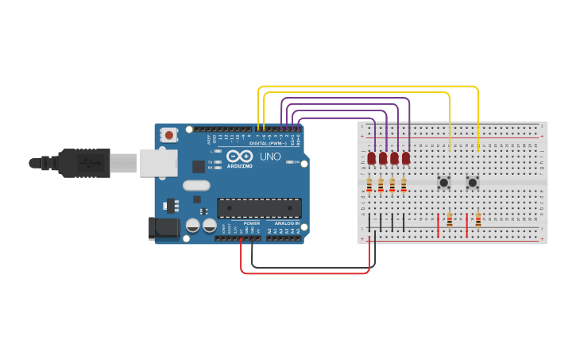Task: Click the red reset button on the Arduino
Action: pyautogui.click(x=168, y=135)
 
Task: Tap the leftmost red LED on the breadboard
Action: pyautogui.click(x=371, y=157)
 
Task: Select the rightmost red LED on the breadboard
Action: pyautogui.click(x=406, y=157)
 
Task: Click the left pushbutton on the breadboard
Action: pyautogui.click(x=444, y=183)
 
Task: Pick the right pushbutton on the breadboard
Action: pyautogui.click(x=472, y=183)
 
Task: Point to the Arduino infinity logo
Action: pyautogui.click(x=239, y=156)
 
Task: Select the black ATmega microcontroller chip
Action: pyautogui.click(x=259, y=208)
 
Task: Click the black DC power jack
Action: pyautogui.click(x=164, y=228)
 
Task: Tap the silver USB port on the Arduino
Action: pyautogui.click(x=158, y=163)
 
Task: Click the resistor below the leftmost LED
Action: pyautogui.click(x=369, y=186)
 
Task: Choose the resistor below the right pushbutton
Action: pyautogui.click(x=478, y=219)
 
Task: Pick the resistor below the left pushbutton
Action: pyautogui.click(x=450, y=219)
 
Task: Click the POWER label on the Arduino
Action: pyautogui.click(x=252, y=223)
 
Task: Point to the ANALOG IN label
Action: pyautogui.click(x=287, y=223)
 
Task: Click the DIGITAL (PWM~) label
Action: pyautogui.click(x=269, y=143)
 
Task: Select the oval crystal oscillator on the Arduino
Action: pyautogui.click(x=195, y=185)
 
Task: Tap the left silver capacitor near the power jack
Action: pyautogui.click(x=193, y=226)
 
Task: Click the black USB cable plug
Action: pyautogui.click(x=83, y=163)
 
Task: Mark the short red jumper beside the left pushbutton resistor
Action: pyautogui.click(x=438, y=224)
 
